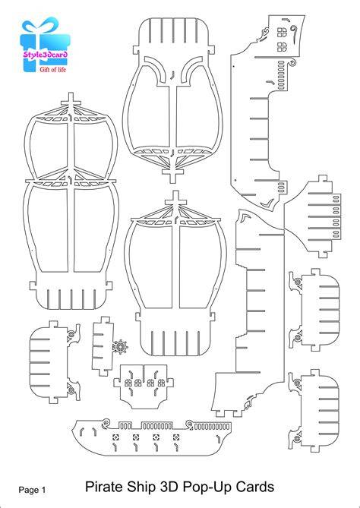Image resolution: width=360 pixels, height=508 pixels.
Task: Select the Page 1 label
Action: coord(32,490)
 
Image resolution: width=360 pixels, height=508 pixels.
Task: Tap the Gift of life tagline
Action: coord(52,69)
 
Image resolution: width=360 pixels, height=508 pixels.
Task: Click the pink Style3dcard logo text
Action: coord(45,54)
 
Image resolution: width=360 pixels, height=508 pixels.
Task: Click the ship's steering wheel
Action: coord(120,347)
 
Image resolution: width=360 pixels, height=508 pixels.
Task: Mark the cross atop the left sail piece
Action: coord(71,100)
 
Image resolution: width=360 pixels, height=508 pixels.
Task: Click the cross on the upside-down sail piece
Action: coord(172,175)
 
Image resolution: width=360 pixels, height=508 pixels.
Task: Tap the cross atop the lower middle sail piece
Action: coord(175,199)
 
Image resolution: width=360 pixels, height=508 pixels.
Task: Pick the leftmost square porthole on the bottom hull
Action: coord(115,437)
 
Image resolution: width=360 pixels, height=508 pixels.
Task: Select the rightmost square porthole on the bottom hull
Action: coord(176,437)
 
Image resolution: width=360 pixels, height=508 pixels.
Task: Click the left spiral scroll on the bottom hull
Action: coord(106,422)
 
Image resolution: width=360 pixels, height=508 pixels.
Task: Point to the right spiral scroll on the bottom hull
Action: coord(190,423)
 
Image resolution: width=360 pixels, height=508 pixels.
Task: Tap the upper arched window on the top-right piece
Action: coord(282,32)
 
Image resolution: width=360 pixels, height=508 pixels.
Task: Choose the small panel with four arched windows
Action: coord(144,386)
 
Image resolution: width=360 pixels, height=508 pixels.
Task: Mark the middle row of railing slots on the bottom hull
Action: coord(156,426)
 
